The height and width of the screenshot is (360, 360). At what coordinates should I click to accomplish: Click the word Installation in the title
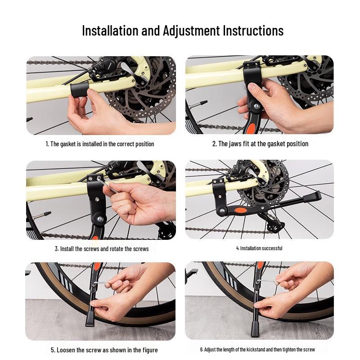point(110,31)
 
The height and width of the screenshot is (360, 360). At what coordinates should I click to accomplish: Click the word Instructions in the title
point(253,31)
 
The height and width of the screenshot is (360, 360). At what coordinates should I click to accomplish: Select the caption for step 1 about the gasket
point(100,144)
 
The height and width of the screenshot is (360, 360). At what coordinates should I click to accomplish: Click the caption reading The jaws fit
point(260,144)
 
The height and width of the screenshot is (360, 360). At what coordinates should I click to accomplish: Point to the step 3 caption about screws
point(102,249)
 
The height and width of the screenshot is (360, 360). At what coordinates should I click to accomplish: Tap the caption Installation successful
point(259,248)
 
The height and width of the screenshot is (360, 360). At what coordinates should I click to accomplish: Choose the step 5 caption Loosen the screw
point(104,350)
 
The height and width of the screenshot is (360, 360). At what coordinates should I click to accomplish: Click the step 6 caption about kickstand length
point(257,350)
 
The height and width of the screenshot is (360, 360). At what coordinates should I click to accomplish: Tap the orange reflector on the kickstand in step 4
point(241,210)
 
